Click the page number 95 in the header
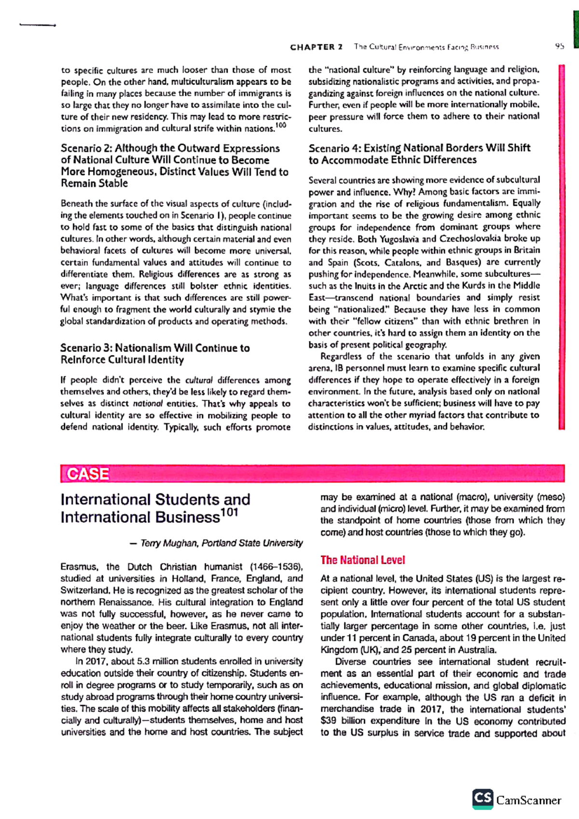[559, 47]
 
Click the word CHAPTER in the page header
[312, 47]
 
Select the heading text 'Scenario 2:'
[86, 149]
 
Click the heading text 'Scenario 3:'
[86, 348]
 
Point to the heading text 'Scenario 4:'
[334, 148]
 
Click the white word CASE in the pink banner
[88, 474]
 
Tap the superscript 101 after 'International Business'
[230, 512]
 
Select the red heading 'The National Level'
[362, 560]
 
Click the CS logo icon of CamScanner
[482, 799]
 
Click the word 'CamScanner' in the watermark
[529, 800]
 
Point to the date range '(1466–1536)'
[276, 567]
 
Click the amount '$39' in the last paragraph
[329, 721]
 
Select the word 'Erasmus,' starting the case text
[80, 567]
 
